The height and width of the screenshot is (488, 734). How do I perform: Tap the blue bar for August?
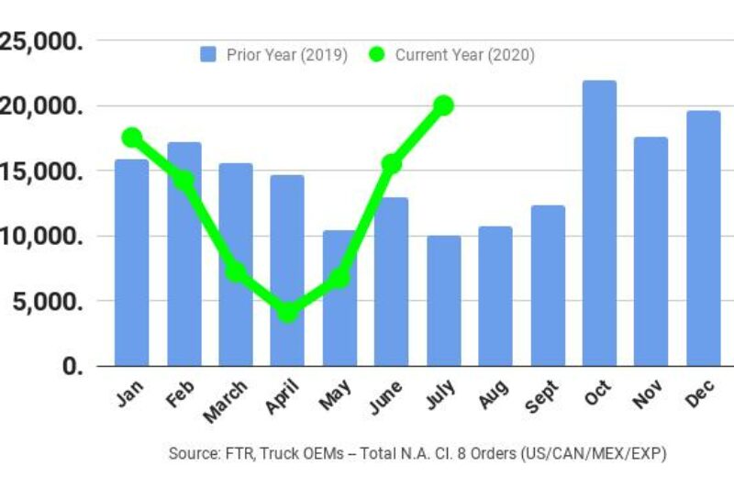coord(495,295)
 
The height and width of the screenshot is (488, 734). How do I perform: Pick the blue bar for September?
coord(548,285)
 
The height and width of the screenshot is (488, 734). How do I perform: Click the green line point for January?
coord(131,138)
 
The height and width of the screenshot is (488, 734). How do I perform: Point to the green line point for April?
coord(287,313)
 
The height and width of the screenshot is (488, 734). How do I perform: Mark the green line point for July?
coord(444,105)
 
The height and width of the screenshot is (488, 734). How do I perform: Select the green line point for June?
coord(392,163)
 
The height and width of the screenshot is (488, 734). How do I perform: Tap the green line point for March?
coord(235,272)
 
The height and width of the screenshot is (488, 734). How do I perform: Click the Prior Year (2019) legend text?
coord(286,55)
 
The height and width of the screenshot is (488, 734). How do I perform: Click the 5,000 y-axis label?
coord(44,301)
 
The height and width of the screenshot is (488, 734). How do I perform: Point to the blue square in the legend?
coord(208,55)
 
